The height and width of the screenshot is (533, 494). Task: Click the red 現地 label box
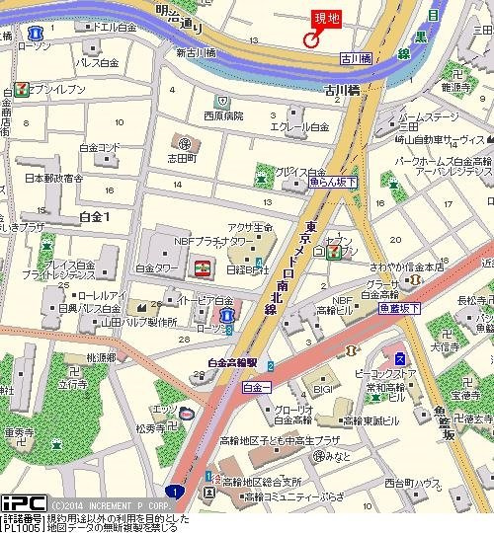tap(326, 18)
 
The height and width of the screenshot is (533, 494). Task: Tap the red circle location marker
tap(310, 40)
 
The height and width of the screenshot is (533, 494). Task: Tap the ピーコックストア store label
tap(400, 375)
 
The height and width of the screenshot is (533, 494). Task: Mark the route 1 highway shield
tap(175, 491)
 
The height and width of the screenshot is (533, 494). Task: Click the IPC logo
tap(23, 503)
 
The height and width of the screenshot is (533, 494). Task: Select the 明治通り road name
tap(179, 14)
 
